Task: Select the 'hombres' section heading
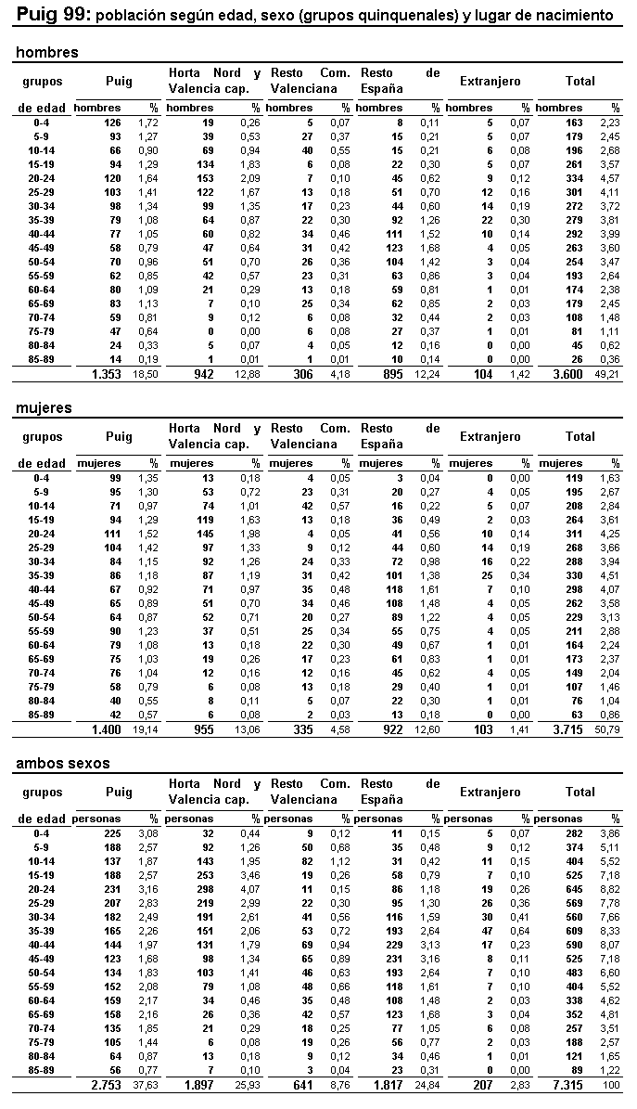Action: coord(47,53)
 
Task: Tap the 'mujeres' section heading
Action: coord(44,408)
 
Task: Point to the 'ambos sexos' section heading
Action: coord(63,764)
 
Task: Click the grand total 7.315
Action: coord(571,1087)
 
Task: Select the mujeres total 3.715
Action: coord(571,730)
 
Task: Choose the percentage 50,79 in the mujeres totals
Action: coord(609,730)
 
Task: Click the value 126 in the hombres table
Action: coord(112,123)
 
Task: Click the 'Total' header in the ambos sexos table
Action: coord(580,793)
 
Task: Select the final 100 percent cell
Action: coord(612,1087)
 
